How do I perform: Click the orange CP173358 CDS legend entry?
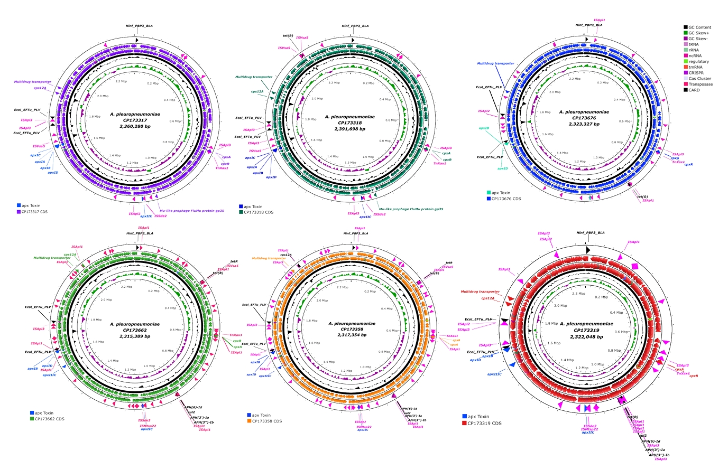(266, 421)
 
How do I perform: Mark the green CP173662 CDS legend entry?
(49, 419)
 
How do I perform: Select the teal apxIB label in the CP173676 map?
(484, 128)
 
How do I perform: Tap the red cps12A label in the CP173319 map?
(487, 298)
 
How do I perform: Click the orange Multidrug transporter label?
(269, 258)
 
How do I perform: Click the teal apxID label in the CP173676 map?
(502, 168)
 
